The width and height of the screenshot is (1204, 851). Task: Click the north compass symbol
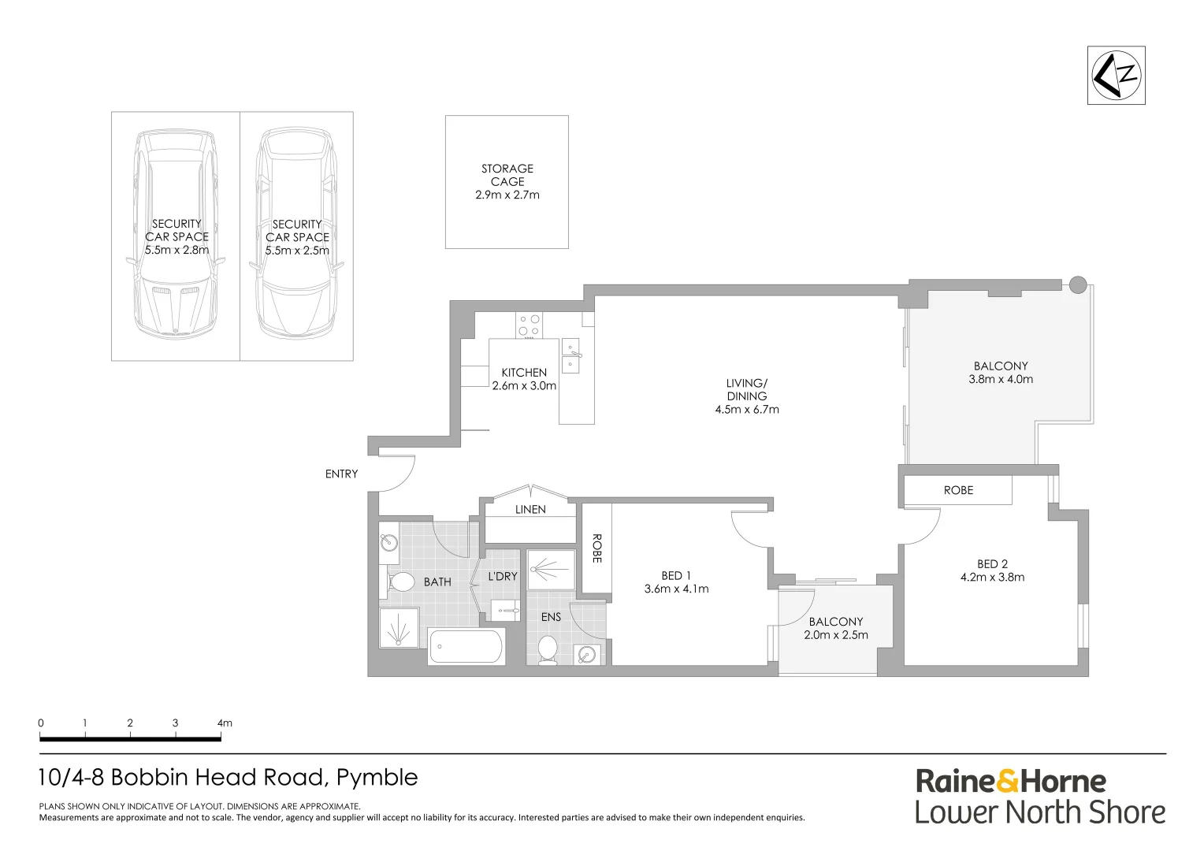[x=1116, y=75]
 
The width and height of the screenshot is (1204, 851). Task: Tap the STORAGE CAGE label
[x=507, y=175]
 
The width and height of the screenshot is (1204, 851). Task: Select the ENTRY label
[x=341, y=474]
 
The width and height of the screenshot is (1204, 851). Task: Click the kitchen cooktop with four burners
[x=529, y=325]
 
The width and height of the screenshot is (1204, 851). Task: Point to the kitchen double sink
[x=570, y=356]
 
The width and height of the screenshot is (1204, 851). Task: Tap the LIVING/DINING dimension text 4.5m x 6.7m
[x=747, y=410]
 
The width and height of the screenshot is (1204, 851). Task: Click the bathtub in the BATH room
[x=465, y=647]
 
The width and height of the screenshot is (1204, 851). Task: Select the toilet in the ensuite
[x=547, y=650]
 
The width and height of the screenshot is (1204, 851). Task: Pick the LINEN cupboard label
[x=530, y=510]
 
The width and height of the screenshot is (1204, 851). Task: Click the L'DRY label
[x=503, y=576]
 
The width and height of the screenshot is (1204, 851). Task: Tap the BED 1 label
[x=676, y=576]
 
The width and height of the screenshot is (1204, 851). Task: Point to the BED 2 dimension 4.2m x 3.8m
[x=992, y=577]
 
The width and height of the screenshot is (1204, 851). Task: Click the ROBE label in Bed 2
[x=958, y=490]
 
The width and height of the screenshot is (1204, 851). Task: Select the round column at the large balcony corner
[x=1077, y=285]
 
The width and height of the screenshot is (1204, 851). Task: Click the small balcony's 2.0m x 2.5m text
[x=836, y=635]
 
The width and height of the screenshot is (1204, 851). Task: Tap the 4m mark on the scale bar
[x=224, y=723]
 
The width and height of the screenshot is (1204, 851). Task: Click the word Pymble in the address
[x=377, y=778]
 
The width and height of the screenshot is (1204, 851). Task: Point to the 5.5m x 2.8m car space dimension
[x=177, y=250]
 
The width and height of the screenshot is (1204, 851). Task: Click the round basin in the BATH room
[x=388, y=542]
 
